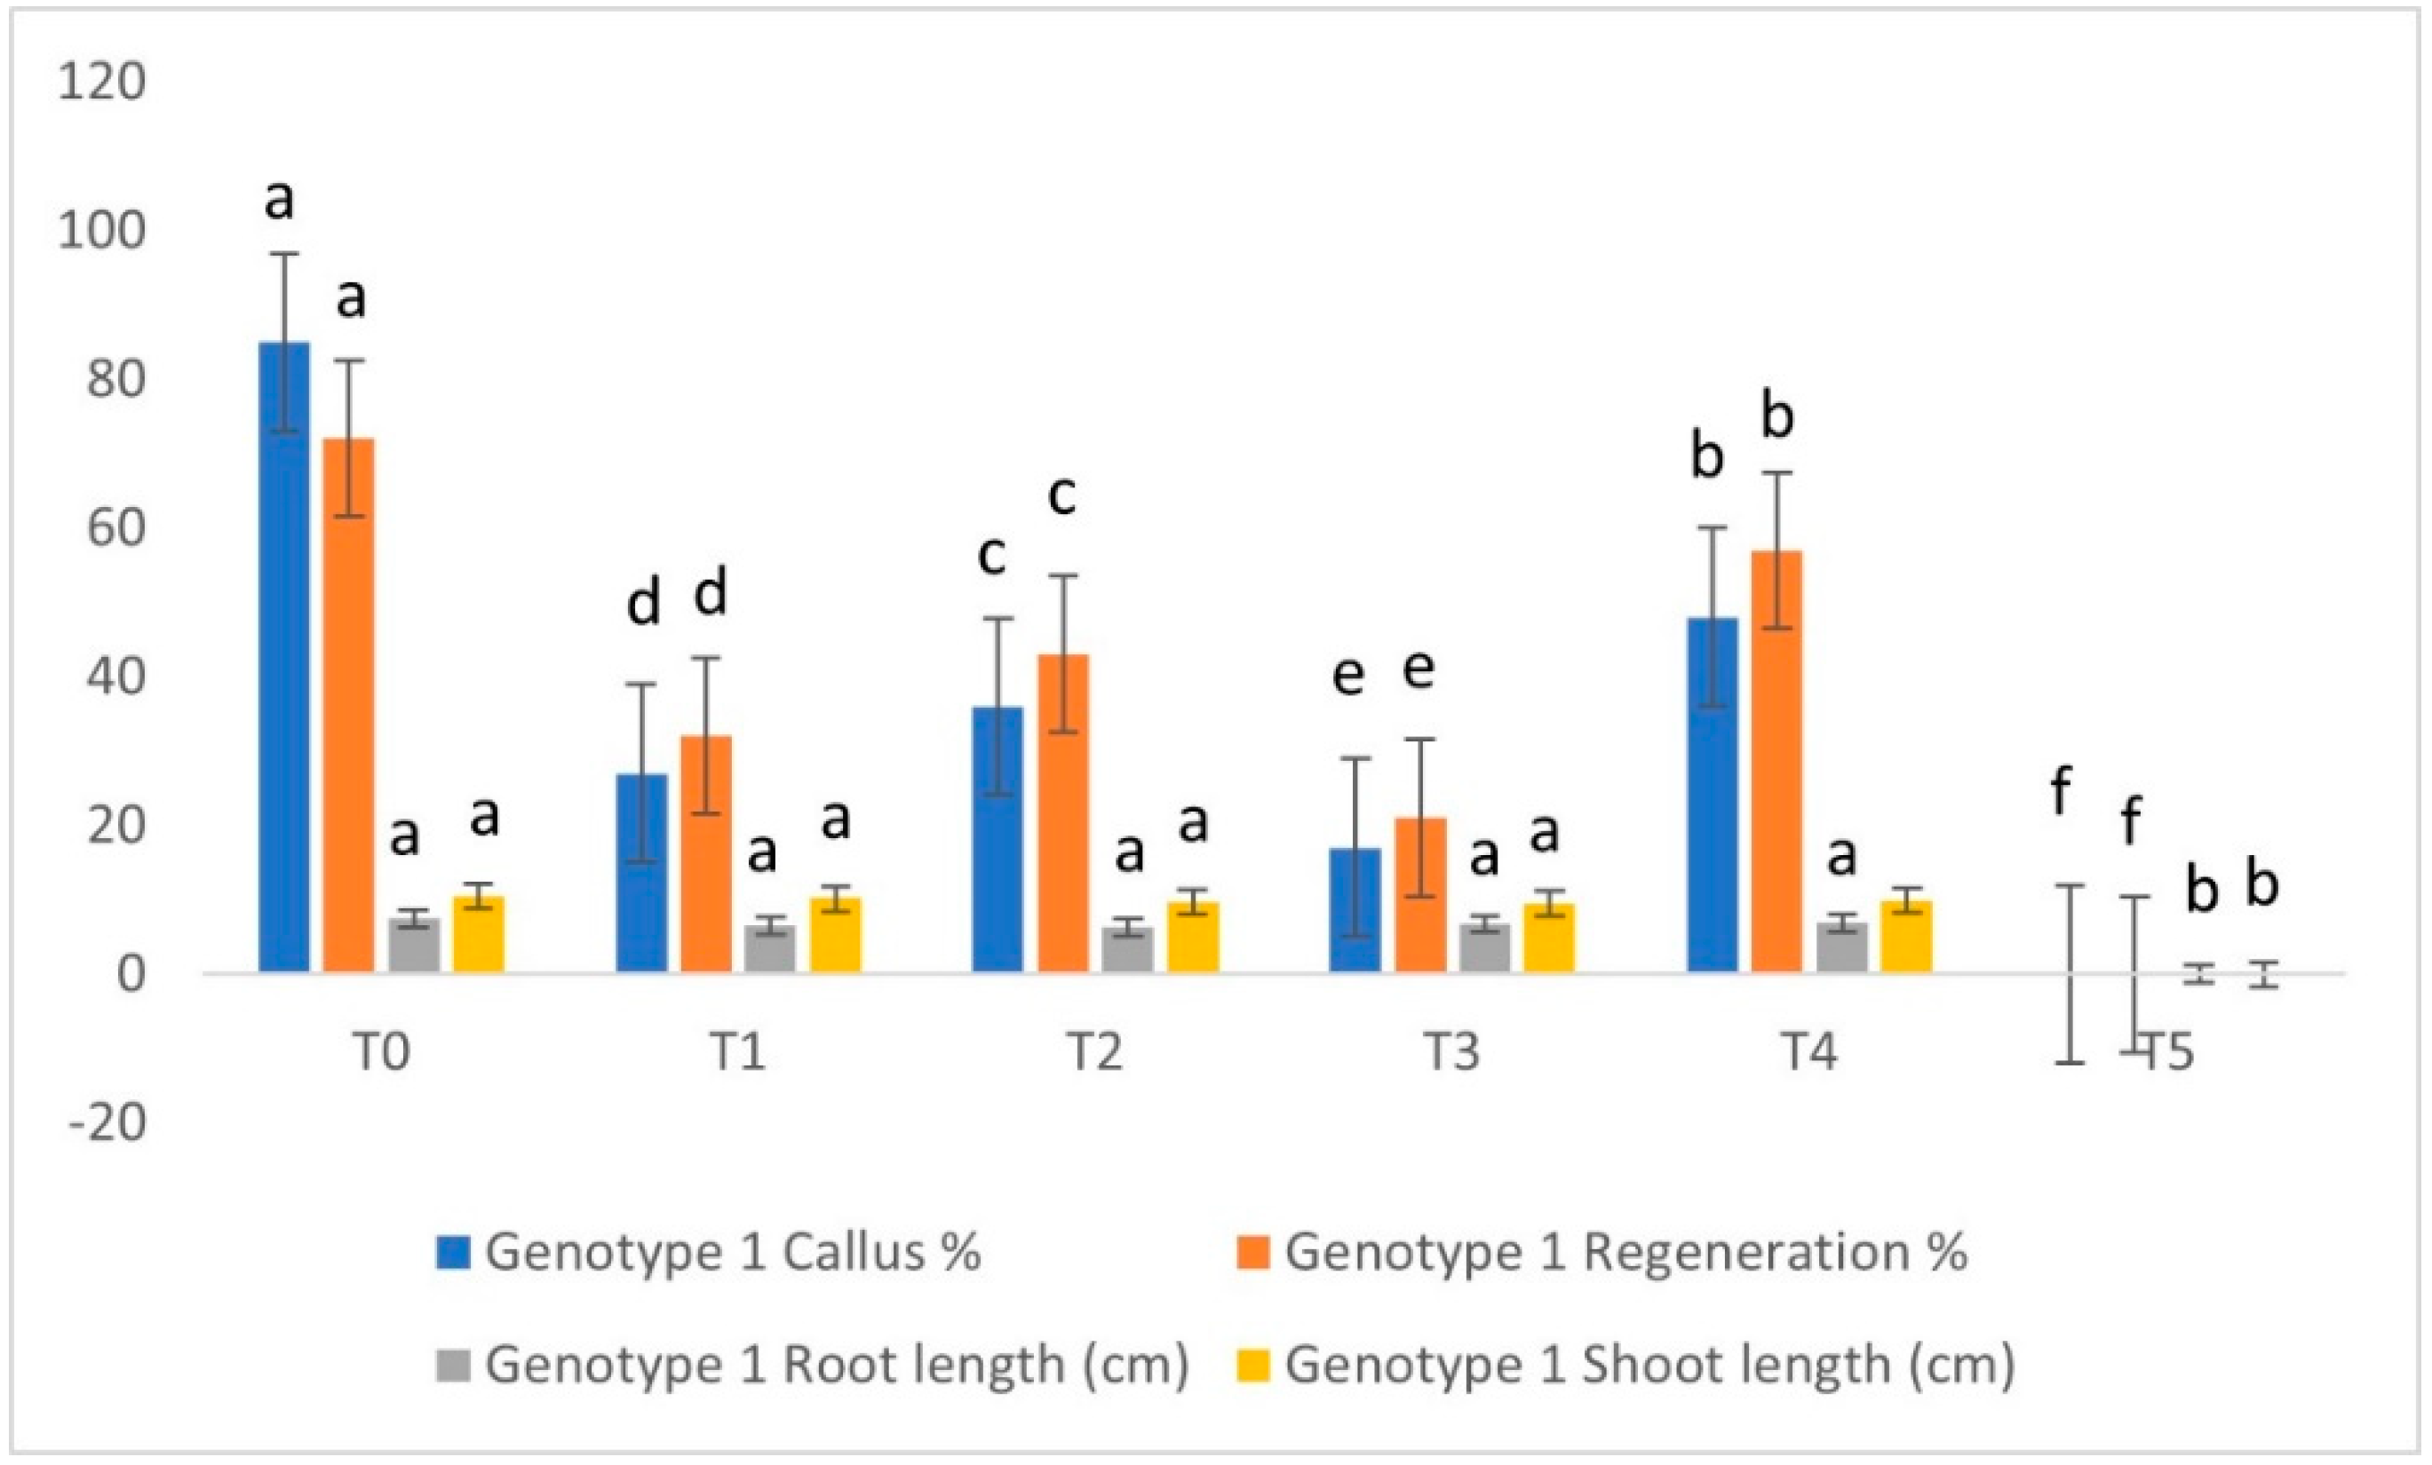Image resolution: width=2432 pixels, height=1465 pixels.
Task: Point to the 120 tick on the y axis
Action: tap(101, 81)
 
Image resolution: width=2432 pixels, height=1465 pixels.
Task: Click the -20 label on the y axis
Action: tap(107, 1122)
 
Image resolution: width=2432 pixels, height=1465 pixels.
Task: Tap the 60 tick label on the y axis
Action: tap(115, 527)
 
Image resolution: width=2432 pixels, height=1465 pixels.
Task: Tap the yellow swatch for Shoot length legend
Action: tap(1252, 1366)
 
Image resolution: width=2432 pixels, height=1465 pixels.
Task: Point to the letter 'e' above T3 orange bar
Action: tap(1419, 668)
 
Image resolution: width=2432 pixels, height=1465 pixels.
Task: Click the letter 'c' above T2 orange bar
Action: tap(1061, 495)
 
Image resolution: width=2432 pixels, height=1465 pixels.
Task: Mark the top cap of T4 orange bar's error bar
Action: tap(1776, 473)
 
